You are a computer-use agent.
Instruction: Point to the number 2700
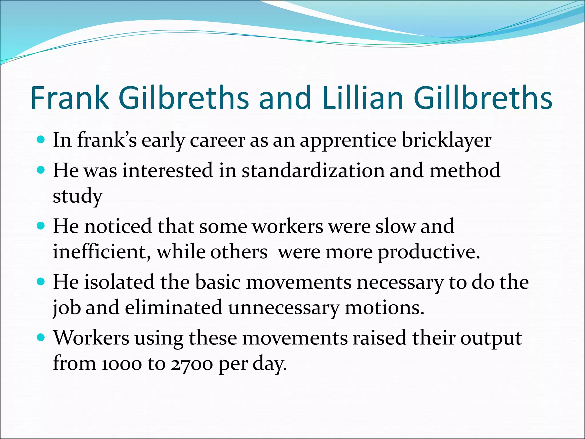pyautogui.click(x=192, y=364)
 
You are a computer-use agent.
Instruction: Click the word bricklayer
pyautogui.click(x=446, y=141)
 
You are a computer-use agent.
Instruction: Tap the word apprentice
pyautogui.click(x=348, y=141)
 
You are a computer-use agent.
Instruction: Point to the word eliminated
pyautogui.click(x=173, y=308)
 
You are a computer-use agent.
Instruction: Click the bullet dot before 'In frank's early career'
pyautogui.click(x=41, y=140)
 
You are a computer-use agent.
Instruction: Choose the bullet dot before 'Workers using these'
pyautogui.click(x=41, y=338)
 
